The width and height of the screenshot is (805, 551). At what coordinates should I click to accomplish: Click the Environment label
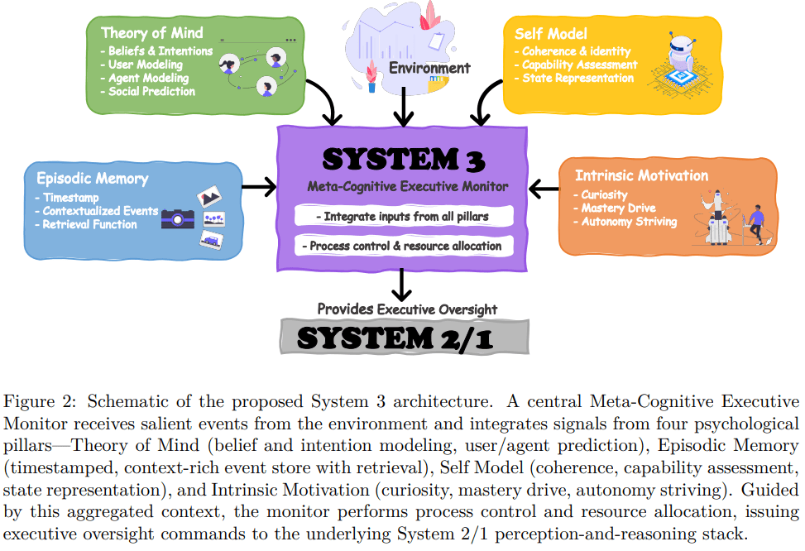[x=429, y=68]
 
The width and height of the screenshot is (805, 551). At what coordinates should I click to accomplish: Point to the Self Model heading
[x=550, y=34]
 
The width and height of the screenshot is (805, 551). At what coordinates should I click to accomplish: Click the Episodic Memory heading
[x=92, y=179]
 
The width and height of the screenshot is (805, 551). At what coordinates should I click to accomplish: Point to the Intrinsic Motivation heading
[x=641, y=175]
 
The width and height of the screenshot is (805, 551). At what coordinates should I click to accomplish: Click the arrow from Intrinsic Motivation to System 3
[x=544, y=189]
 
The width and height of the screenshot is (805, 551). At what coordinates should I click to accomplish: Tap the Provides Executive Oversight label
[x=407, y=309]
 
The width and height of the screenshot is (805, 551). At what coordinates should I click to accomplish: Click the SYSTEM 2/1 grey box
[x=403, y=338]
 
